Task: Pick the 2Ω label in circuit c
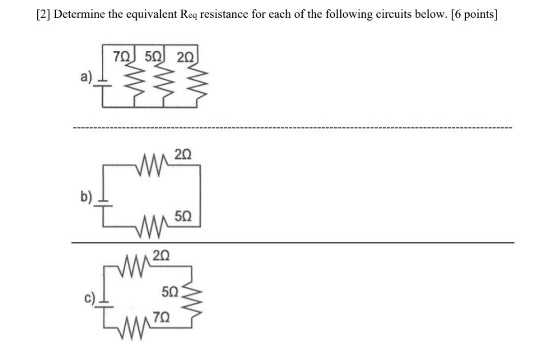point(161,254)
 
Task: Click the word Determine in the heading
point(77,14)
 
